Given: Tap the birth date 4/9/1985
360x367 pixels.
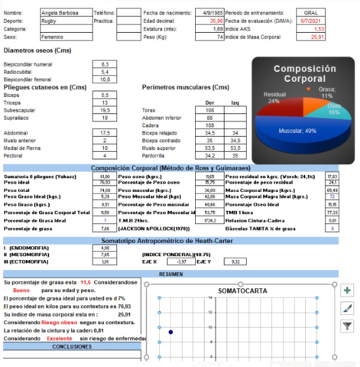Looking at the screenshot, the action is coord(212,14).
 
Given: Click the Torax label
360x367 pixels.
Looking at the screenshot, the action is coord(149,110).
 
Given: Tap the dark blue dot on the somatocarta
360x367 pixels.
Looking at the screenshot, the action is coord(170,332).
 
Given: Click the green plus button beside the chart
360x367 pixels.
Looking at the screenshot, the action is coord(348,291).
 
